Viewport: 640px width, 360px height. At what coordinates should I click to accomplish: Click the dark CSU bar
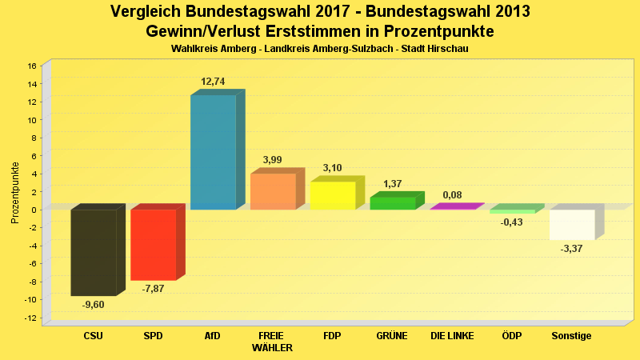pyautogui.click(x=94, y=252)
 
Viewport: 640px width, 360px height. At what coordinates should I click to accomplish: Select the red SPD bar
pyautogui.click(x=153, y=245)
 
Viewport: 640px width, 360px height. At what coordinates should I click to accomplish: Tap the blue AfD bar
pyautogui.click(x=213, y=152)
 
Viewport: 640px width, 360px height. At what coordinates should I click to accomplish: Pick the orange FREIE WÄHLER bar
pyautogui.click(x=273, y=192)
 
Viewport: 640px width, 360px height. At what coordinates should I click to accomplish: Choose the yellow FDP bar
pyautogui.click(x=333, y=196)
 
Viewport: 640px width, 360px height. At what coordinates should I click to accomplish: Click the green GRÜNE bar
pyautogui.click(x=393, y=203)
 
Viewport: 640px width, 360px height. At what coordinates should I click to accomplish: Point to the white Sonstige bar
pyautogui.click(x=572, y=225)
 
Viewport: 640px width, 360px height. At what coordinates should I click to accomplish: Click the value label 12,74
pyautogui.click(x=213, y=82)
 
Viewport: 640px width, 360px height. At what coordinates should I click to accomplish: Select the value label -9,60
pyautogui.click(x=94, y=304)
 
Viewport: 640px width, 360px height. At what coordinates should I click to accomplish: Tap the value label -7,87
pyautogui.click(x=153, y=289)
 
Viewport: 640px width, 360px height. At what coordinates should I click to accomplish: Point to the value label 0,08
pyautogui.click(x=452, y=194)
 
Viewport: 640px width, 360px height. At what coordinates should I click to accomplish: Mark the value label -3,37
pyautogui.click(x=572, y=249)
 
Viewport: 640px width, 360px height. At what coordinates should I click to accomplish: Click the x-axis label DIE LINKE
pyautogui.click(x=452, y=336)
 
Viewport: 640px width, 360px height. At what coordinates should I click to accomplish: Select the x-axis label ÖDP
pyautogui.click(x=512, y=336)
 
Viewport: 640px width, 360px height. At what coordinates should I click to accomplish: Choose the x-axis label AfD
pyautogui.click(x=213, y=336)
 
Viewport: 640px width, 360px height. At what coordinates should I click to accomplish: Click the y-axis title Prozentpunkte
pyautogui.click(x=14, y=192)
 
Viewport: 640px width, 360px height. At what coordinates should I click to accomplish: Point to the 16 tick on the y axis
pyautogui.click(x=32, y=66)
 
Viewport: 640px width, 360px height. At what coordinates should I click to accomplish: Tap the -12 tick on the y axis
pyautogui.click(x=30, y=318)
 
